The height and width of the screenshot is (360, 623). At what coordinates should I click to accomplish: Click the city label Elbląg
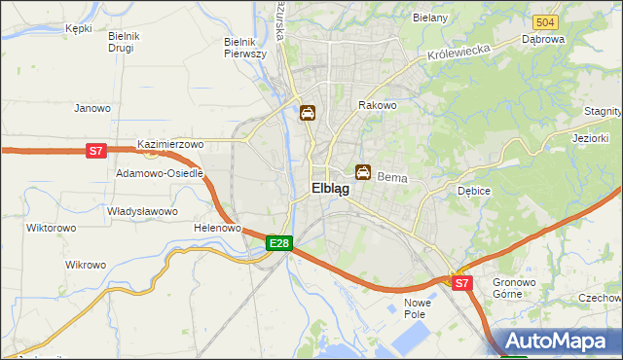[331, 190]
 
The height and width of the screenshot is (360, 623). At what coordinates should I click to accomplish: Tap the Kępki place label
[78, 28]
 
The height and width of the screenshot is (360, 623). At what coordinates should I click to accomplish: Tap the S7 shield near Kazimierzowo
[95, 151]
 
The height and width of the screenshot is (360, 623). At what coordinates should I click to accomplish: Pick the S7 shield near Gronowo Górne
[462, 283]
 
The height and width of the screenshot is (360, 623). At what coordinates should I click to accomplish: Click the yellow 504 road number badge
[545, 21]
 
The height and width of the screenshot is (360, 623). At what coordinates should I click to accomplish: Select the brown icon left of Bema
[363, 173]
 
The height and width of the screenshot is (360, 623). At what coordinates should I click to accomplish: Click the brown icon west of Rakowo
[308, 113]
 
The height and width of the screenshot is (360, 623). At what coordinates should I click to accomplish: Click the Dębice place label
[474, 192]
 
